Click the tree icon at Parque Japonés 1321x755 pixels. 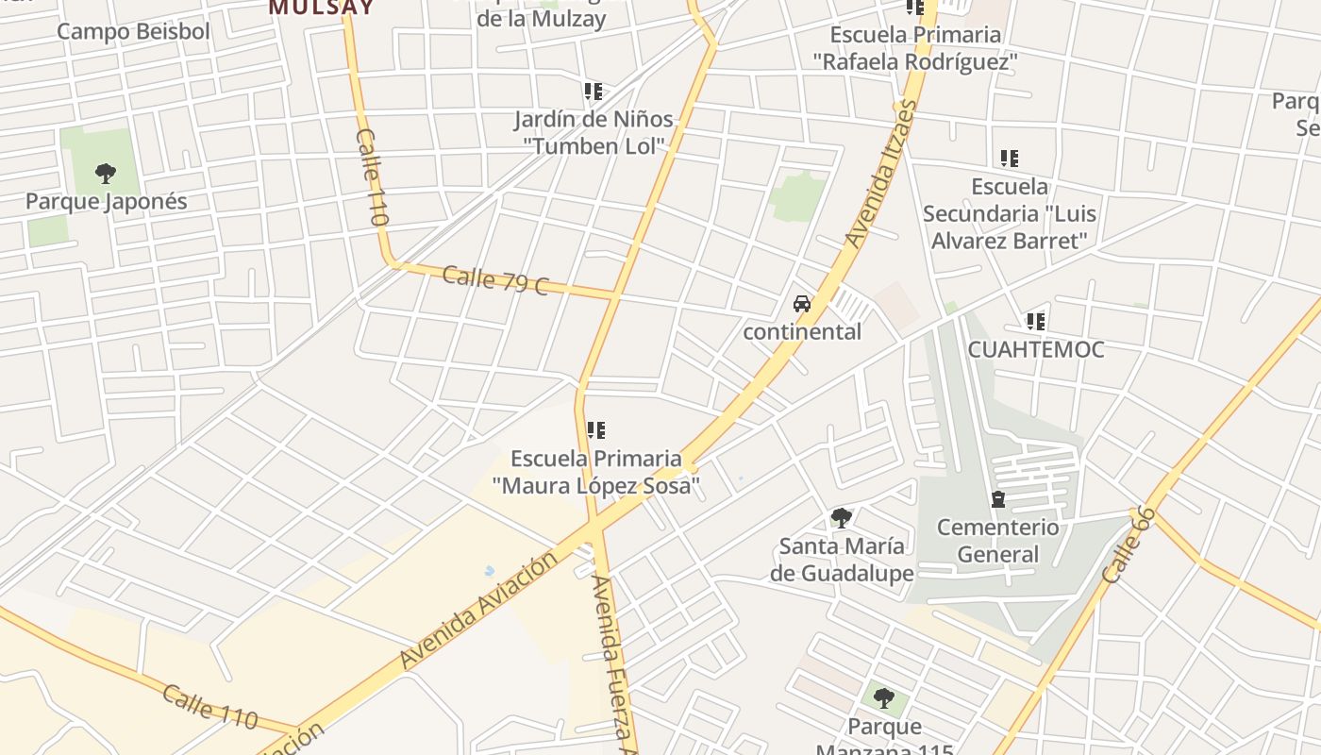click(x=106, y=173)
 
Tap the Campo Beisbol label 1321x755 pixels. click(x=133, y=31)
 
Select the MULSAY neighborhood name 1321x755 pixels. click(x=321, y=8)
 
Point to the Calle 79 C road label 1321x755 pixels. click(x=494, y=280)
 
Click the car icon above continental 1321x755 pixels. click(x=802, y=304)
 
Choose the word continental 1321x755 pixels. click(x=802, y=331)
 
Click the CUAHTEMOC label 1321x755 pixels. click(x=1035, y=349)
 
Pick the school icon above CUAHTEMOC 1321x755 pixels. click(x=1036, y=321)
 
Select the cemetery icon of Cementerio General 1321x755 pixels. click(x=998, y=499)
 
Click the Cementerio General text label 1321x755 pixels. click(x=998, y=540)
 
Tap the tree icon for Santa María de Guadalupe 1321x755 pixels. click(x=841, y=517)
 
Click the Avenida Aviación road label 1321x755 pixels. click(x=479, y=612)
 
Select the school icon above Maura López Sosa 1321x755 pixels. click(x=595, y=430)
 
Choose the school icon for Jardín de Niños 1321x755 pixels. click(x=594, y=92)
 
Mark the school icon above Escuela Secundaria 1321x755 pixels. click(x=1010, y=159)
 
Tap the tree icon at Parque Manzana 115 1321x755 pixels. click(x=883, y=698)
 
